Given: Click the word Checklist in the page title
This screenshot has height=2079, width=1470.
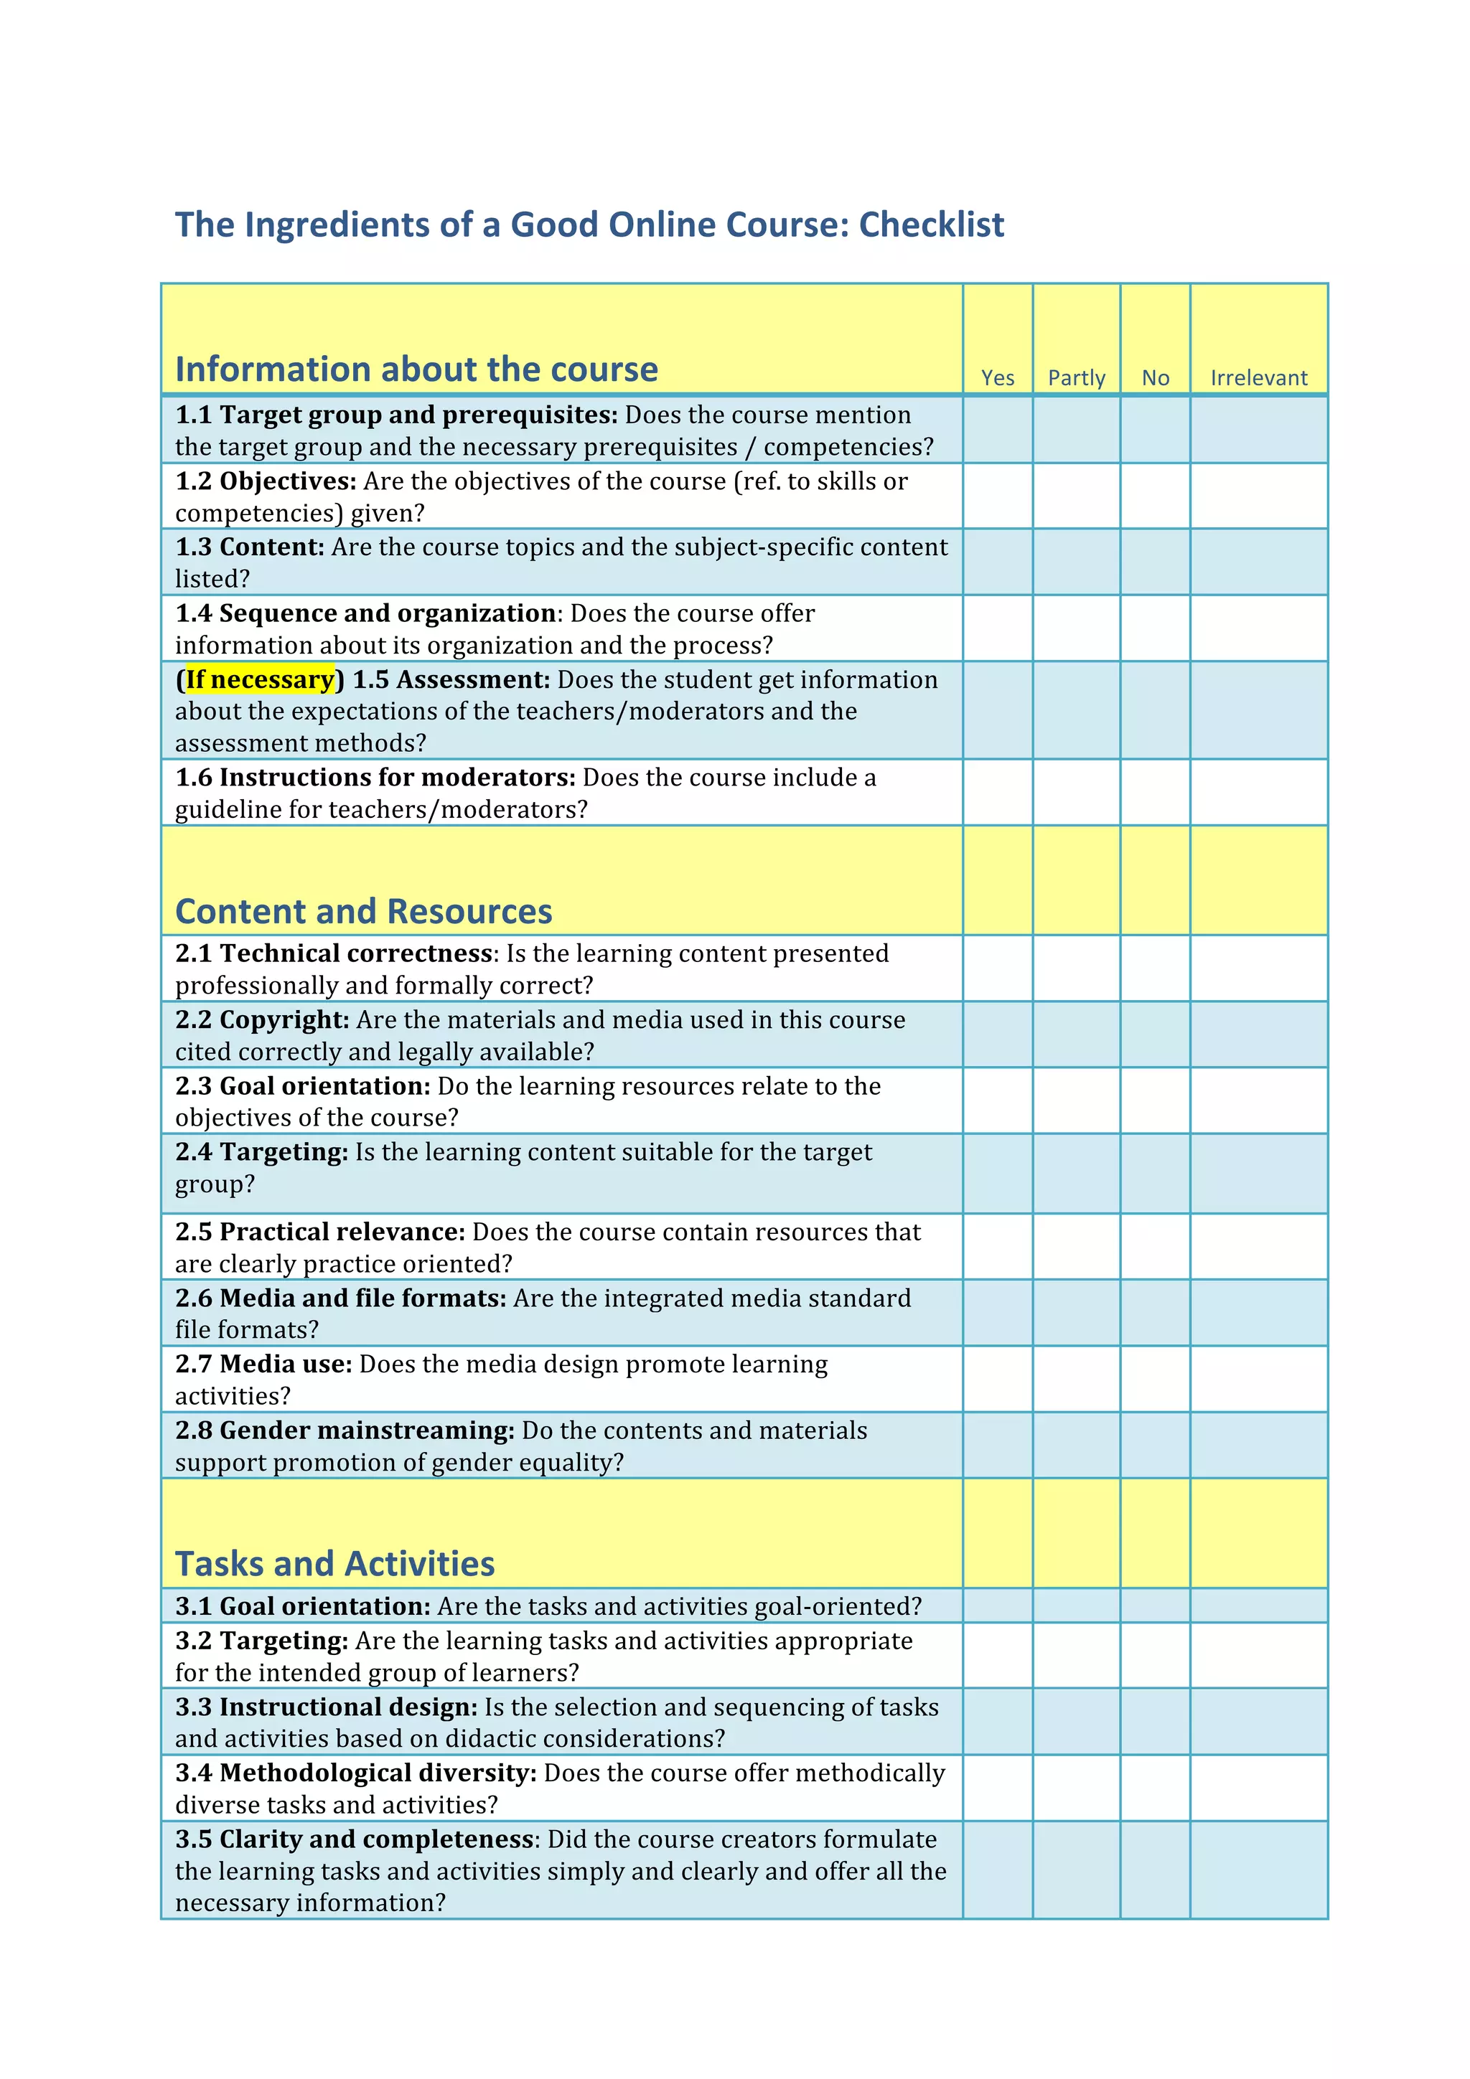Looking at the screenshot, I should [931, 225].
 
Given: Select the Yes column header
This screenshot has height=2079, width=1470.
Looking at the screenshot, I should [997, 377].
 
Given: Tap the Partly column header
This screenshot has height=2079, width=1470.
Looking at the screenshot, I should [1076, 377].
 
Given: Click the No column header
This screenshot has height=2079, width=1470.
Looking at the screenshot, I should [1155, 377].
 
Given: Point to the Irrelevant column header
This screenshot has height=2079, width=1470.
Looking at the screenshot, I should [1258, 377].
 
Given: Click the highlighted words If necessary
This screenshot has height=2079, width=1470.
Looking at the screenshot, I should [260, 679].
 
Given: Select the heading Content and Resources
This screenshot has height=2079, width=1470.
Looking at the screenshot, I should [363, 911].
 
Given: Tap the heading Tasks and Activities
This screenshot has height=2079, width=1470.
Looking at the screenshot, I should [334, 1564].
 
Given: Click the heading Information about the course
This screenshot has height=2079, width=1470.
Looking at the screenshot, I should [416, 369].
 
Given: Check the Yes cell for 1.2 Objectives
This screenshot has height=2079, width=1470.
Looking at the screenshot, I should [997, 496].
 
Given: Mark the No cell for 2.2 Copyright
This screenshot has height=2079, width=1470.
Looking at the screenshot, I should [1155, 1034].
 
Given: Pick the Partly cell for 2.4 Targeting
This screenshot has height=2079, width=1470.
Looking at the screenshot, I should [1076, 1174].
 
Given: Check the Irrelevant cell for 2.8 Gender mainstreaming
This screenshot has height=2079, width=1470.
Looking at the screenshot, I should [1258, 1445].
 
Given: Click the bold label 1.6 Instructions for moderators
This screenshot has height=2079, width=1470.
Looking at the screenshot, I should [375, 777].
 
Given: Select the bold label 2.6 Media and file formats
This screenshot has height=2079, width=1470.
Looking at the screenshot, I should [340, 1298].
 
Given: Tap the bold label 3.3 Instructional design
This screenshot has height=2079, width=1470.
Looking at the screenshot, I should [326, 1707].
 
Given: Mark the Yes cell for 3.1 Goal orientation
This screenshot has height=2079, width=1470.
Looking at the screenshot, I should [997, 1606].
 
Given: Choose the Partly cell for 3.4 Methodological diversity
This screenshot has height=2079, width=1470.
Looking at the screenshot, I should [1076, 1788].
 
